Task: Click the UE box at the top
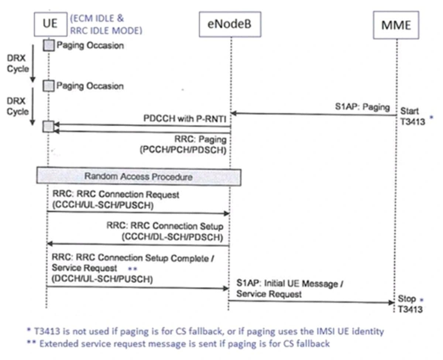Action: coord(50,24)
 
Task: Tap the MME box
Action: coord(396,25)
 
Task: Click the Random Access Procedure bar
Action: coord(138,176)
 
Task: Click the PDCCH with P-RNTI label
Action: coord(185,119)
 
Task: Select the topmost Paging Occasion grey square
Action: coord(49,46)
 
